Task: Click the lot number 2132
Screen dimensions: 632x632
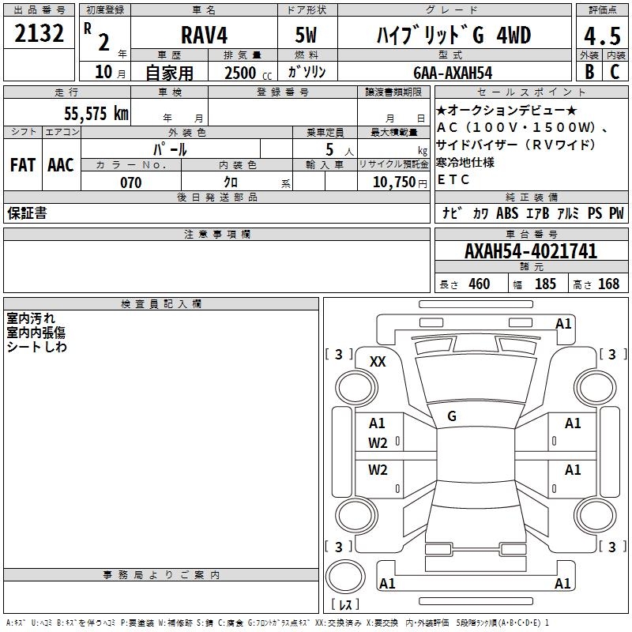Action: [x=39, y=33]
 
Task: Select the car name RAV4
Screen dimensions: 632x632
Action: [x=204, y=35]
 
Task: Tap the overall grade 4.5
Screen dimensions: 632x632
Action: [x=602, y=36]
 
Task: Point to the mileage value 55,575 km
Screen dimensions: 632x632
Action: [x=96, y=113]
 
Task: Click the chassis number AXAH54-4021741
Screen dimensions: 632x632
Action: [x=531, y=251]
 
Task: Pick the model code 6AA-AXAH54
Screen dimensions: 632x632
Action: [x=453, y=73]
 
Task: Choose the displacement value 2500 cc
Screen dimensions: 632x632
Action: [x=248, y=73]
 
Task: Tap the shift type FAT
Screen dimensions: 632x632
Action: [x=23, y=165]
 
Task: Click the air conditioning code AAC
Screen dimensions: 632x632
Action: [x=61, y=165]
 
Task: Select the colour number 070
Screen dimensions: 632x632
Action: [x=131, y=182]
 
